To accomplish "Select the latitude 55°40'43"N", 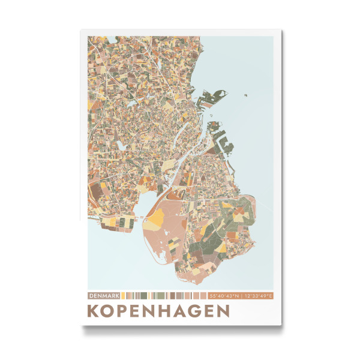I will coord(225,296).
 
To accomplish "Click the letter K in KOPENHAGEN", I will coord(94,311).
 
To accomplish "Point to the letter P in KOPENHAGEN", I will coord(127,311).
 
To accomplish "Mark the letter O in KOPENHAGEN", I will coord(111,311).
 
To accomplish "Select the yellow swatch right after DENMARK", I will coord(123,296).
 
